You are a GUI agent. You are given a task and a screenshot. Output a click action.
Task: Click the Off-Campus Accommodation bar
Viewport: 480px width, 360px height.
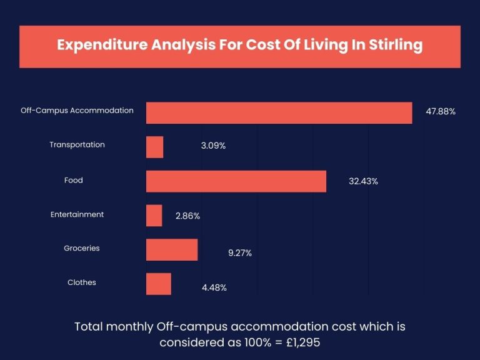(x=279, y=112)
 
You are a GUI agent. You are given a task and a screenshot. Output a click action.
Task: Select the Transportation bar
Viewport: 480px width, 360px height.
(x=154, y=147)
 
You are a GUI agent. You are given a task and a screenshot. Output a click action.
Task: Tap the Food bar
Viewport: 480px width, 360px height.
(x=236, y=181)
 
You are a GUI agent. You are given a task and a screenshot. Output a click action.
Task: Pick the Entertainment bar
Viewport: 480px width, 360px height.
(x=154, y=216)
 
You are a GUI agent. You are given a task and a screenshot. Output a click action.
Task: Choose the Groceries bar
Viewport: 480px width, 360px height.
(x=172, y=249)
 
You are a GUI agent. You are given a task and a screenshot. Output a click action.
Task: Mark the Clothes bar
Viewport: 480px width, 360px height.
(x=158, y=284)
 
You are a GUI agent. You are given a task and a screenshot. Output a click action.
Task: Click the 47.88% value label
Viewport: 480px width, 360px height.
(x=441, y=111)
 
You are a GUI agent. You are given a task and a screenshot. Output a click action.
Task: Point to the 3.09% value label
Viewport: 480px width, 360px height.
(x=213, y=146)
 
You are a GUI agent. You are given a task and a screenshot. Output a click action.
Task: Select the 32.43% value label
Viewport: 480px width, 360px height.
(x=363, y=181)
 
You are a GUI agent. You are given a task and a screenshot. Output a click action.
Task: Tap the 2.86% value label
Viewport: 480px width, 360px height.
(x=187, y=216)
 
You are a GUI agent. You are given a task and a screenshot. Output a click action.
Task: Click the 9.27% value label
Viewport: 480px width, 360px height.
(x=239, y=253)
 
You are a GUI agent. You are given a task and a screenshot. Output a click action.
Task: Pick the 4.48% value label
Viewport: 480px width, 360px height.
(x=214, y=287)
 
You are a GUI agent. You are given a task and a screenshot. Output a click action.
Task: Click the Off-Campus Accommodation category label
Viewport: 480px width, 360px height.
(x=77, y=110)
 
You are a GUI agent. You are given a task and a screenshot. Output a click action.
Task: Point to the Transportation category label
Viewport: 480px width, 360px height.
(x=77, y=144)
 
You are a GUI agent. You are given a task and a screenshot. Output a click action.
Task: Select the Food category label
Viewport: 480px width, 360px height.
(x=73, y=180)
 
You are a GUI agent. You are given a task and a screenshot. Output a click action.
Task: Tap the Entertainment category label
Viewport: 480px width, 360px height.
(x=77, y=214)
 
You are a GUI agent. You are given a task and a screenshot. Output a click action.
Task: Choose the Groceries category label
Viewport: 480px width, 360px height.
(x=81, y=248)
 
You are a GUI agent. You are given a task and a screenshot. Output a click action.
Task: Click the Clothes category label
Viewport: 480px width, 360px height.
(x=82, y=282)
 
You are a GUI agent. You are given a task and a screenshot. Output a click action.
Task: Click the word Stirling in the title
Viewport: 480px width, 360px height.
(x=392, y=46)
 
